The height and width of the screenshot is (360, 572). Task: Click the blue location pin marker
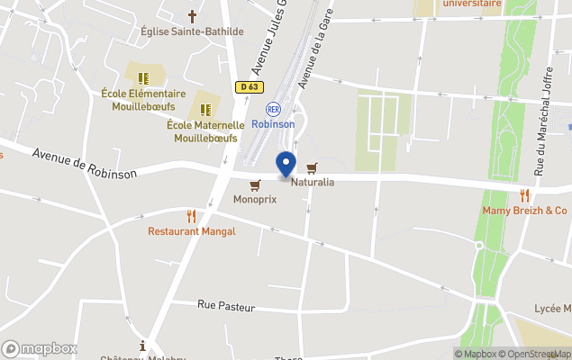click(286, 165)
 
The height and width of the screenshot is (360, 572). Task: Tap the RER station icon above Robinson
click(273, 109)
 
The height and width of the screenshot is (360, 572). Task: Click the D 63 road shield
click(250, 87)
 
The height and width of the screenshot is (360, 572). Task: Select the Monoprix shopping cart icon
click(255, 184)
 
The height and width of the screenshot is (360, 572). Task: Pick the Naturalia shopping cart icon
click(313, 167)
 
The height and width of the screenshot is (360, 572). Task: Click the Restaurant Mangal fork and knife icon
click(191, 216)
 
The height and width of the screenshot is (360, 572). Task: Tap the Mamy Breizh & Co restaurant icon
click(524, 195)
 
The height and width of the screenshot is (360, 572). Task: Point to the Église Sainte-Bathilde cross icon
click(192, 16)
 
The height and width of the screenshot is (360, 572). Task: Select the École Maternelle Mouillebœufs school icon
click(205, 110)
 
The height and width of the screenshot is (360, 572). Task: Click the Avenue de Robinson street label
click(85, 162)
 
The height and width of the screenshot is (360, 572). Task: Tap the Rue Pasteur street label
click(226, 308)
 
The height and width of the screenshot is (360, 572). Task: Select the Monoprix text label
click(255, 199)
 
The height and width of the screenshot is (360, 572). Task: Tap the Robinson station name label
click(273, 124)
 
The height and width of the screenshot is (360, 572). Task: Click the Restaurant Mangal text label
click(192, 231)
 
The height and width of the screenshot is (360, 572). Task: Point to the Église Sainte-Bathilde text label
click(192, 31)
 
